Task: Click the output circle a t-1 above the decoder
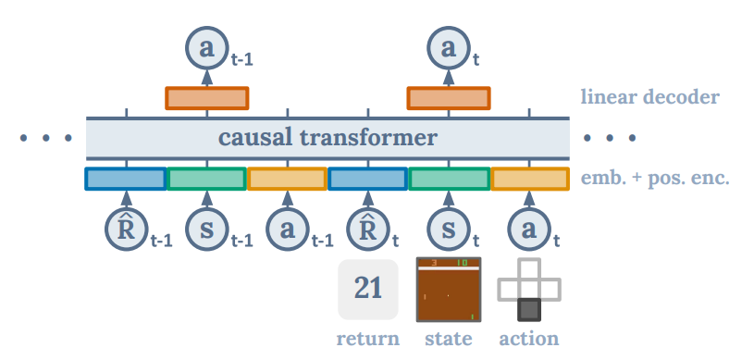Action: (206, 48)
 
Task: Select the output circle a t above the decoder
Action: (449, 48)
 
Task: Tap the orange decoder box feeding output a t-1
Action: (206, 98)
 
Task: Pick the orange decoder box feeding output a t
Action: (449, 98)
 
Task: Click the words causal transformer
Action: (328, 139)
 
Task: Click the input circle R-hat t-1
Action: (126, 229)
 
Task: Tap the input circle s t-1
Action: (206, 229)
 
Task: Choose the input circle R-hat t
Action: (367, 229)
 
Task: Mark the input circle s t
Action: (449, 229)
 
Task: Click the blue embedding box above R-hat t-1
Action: (126, 178)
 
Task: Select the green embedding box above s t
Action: (449, 178)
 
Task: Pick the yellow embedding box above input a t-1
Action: (287, 178)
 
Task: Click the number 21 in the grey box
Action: (368, 289)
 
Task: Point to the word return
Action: (368, 339)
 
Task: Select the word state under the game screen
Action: (449, 339)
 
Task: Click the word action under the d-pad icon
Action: (529, 339)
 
